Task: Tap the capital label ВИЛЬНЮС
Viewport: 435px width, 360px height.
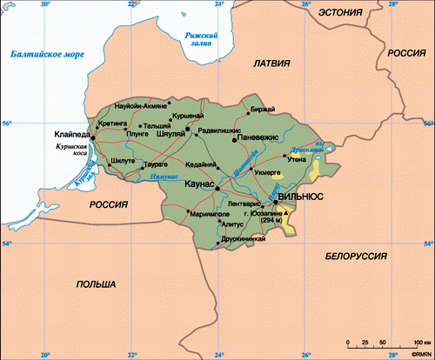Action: (301, 197)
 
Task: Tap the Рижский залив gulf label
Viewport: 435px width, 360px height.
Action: (191, 38)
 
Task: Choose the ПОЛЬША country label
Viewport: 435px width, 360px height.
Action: (96, 284)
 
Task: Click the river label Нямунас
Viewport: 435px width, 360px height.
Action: (164, 176)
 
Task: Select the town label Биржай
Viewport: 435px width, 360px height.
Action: (262, 109)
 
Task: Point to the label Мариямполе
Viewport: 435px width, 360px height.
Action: (209, 211)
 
